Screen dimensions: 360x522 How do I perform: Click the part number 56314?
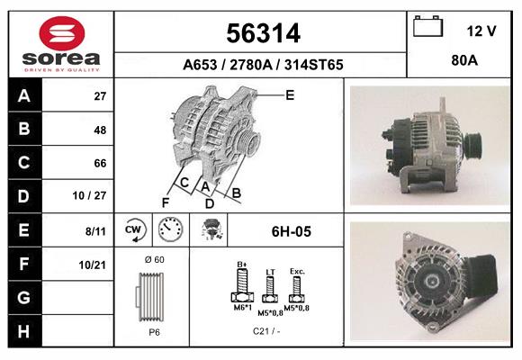click(261, 34)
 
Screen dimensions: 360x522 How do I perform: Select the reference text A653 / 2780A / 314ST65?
click(261, 65)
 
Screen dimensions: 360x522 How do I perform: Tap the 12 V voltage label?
click(481, 31)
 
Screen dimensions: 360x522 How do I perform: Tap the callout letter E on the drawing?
click(289, 94)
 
